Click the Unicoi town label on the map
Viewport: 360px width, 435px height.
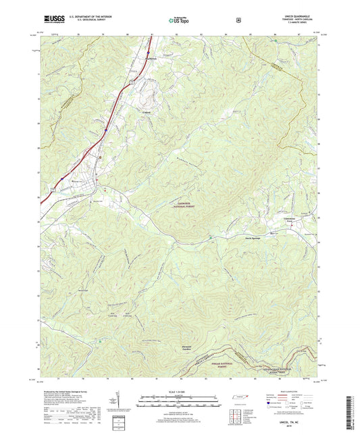[146, 112]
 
